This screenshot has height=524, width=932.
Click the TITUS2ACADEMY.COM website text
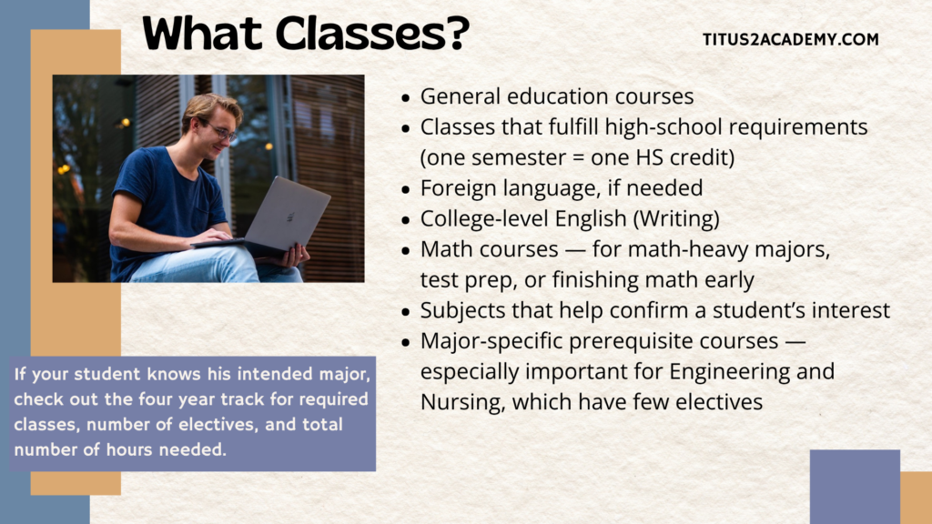[x=791, y=39]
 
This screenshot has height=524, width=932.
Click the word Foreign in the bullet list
[x=459, y=188]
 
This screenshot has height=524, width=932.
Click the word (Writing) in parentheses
[x=676, y=218]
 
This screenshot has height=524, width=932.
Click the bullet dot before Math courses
[x=406, y=251]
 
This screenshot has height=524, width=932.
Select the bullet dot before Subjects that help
[x=406, y=312]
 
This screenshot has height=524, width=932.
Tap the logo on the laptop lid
[x=291, y=217]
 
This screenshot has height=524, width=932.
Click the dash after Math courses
[x=575, y=250]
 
